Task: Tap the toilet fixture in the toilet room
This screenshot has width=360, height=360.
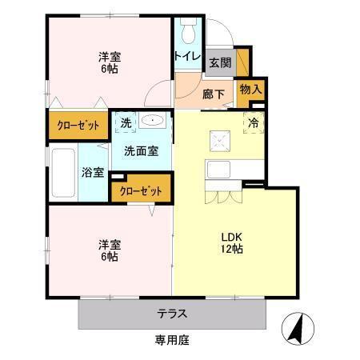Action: (188, 31)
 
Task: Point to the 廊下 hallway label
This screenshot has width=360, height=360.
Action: (214, 94)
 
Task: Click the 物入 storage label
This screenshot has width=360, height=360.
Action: (250, 90)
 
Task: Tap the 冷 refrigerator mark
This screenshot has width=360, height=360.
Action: (253, 123)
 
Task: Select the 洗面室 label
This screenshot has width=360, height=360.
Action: (140, 150)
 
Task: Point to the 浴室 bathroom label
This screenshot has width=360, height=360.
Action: (93, 172)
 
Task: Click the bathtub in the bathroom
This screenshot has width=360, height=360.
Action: (62, 172)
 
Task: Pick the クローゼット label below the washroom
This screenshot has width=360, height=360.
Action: (141, 191)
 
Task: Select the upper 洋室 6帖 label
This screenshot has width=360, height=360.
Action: (110, 62)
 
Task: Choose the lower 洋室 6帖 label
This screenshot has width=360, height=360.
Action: (110, 250)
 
